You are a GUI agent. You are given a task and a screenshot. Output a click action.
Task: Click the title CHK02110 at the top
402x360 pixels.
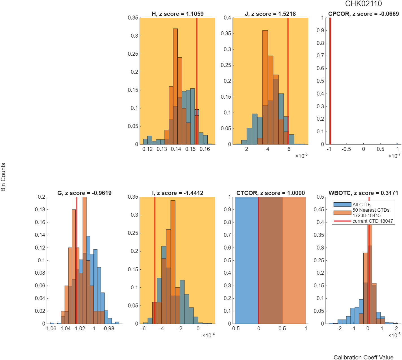(x=363, y=4)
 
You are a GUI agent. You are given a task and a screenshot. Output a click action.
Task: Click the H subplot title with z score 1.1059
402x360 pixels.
(x=178, y=14)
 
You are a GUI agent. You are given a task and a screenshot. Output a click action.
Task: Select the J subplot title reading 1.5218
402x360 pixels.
(x=270, y=14)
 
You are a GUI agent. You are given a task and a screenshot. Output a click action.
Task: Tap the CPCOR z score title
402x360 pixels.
(x=363, y=14)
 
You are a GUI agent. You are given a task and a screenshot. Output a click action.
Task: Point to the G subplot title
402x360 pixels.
(x=84, y=193)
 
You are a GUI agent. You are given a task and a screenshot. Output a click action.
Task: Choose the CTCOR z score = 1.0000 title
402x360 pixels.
(x=270, y=193)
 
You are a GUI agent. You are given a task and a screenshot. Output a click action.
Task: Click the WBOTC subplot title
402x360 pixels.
(x=363, y=193)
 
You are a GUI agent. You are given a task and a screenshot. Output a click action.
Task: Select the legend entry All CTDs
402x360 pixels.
(x=362, y=205)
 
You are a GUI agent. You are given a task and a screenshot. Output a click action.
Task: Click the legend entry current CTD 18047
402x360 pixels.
(x=373, y=221)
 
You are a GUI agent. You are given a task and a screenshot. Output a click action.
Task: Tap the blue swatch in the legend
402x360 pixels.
(x=342, y=205)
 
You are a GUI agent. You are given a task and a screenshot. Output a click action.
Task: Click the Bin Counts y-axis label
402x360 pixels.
(x=3, y=177)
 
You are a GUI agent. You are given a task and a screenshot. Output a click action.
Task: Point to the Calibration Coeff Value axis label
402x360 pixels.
(x=363, y=357)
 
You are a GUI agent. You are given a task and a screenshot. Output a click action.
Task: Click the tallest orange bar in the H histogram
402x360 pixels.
(x=175, y=86)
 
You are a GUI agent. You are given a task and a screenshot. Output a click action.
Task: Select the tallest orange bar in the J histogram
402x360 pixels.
(x=265, y=87)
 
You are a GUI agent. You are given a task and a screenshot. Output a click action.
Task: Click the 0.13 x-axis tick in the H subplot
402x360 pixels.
(x=162, y=149)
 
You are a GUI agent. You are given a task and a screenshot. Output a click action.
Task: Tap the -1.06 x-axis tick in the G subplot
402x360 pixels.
(x=50, y=328)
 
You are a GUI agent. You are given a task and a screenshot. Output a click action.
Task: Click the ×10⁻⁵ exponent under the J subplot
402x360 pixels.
(x=301, y=156)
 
